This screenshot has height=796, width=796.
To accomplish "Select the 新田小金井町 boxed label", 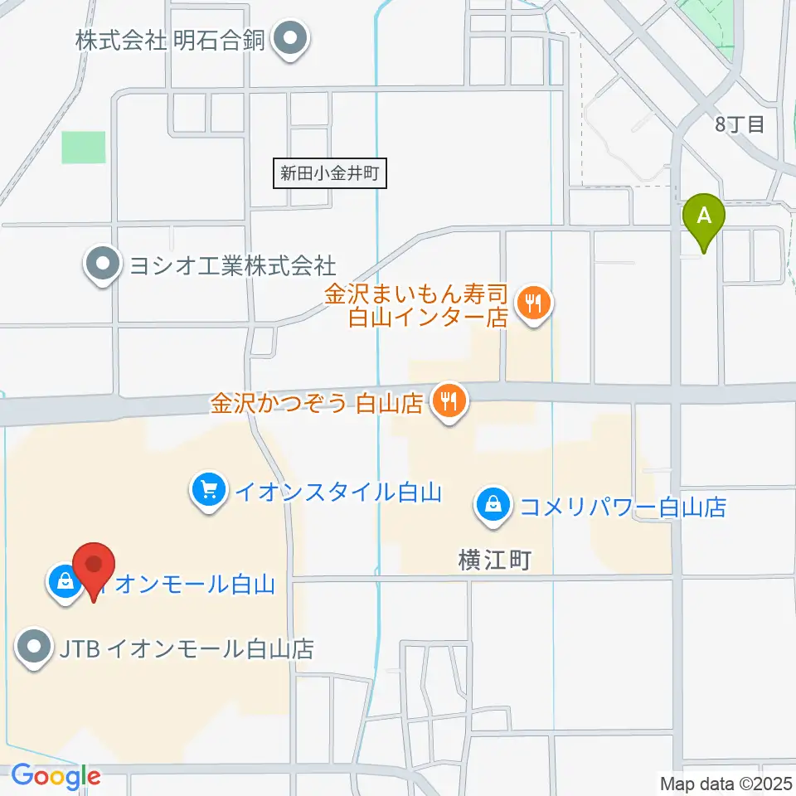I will coord(329,174).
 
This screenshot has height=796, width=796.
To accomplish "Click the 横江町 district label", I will coord(493,561).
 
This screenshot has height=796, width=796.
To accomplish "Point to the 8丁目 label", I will coord(740,125).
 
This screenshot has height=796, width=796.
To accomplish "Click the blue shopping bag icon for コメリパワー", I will coord(493,505).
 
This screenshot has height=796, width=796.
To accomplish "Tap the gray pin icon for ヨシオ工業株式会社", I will coord(103,265).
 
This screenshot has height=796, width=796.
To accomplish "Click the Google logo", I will coord(56,777).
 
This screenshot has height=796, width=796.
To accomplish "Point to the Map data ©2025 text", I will coord(726,782).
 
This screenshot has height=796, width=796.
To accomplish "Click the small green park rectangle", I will coord(84,148).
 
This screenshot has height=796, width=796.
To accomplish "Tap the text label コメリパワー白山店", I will coord(623,506).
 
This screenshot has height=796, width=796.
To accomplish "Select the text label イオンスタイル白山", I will coord(337,493).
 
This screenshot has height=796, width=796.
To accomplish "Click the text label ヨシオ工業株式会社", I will coord(231,265).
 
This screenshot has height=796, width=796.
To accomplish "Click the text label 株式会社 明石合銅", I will coord(170,40).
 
